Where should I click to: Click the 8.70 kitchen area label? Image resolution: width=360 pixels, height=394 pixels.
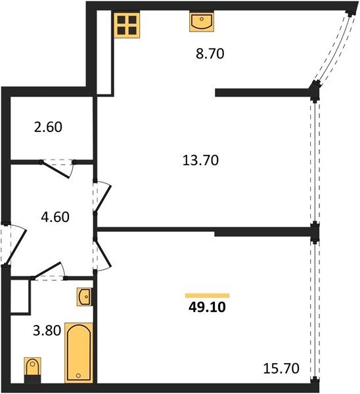(210, 54)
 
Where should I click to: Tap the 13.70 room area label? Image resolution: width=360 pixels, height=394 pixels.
(200, 160)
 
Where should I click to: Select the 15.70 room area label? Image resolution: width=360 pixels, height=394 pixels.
(281, 368)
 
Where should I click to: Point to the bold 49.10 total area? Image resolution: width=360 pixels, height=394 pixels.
(207, 307)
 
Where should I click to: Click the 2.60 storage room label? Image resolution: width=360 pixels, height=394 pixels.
(48, 127)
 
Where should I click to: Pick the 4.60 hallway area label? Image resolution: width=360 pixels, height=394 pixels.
(55, 217)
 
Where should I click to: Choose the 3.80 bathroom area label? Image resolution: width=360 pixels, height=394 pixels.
(47, 330)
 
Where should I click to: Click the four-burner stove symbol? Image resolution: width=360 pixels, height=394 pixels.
(127, 25)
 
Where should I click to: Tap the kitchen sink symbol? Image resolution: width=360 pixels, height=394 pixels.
(202, 22)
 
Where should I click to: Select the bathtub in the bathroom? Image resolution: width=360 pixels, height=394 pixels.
(79, 353)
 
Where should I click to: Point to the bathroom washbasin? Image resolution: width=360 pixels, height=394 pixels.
(84, 297)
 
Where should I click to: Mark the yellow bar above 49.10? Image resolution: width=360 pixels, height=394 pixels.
(208, 295)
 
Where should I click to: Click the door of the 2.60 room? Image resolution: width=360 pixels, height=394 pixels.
(56, 169)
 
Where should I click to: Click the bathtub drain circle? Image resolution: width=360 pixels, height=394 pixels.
(78, 376)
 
